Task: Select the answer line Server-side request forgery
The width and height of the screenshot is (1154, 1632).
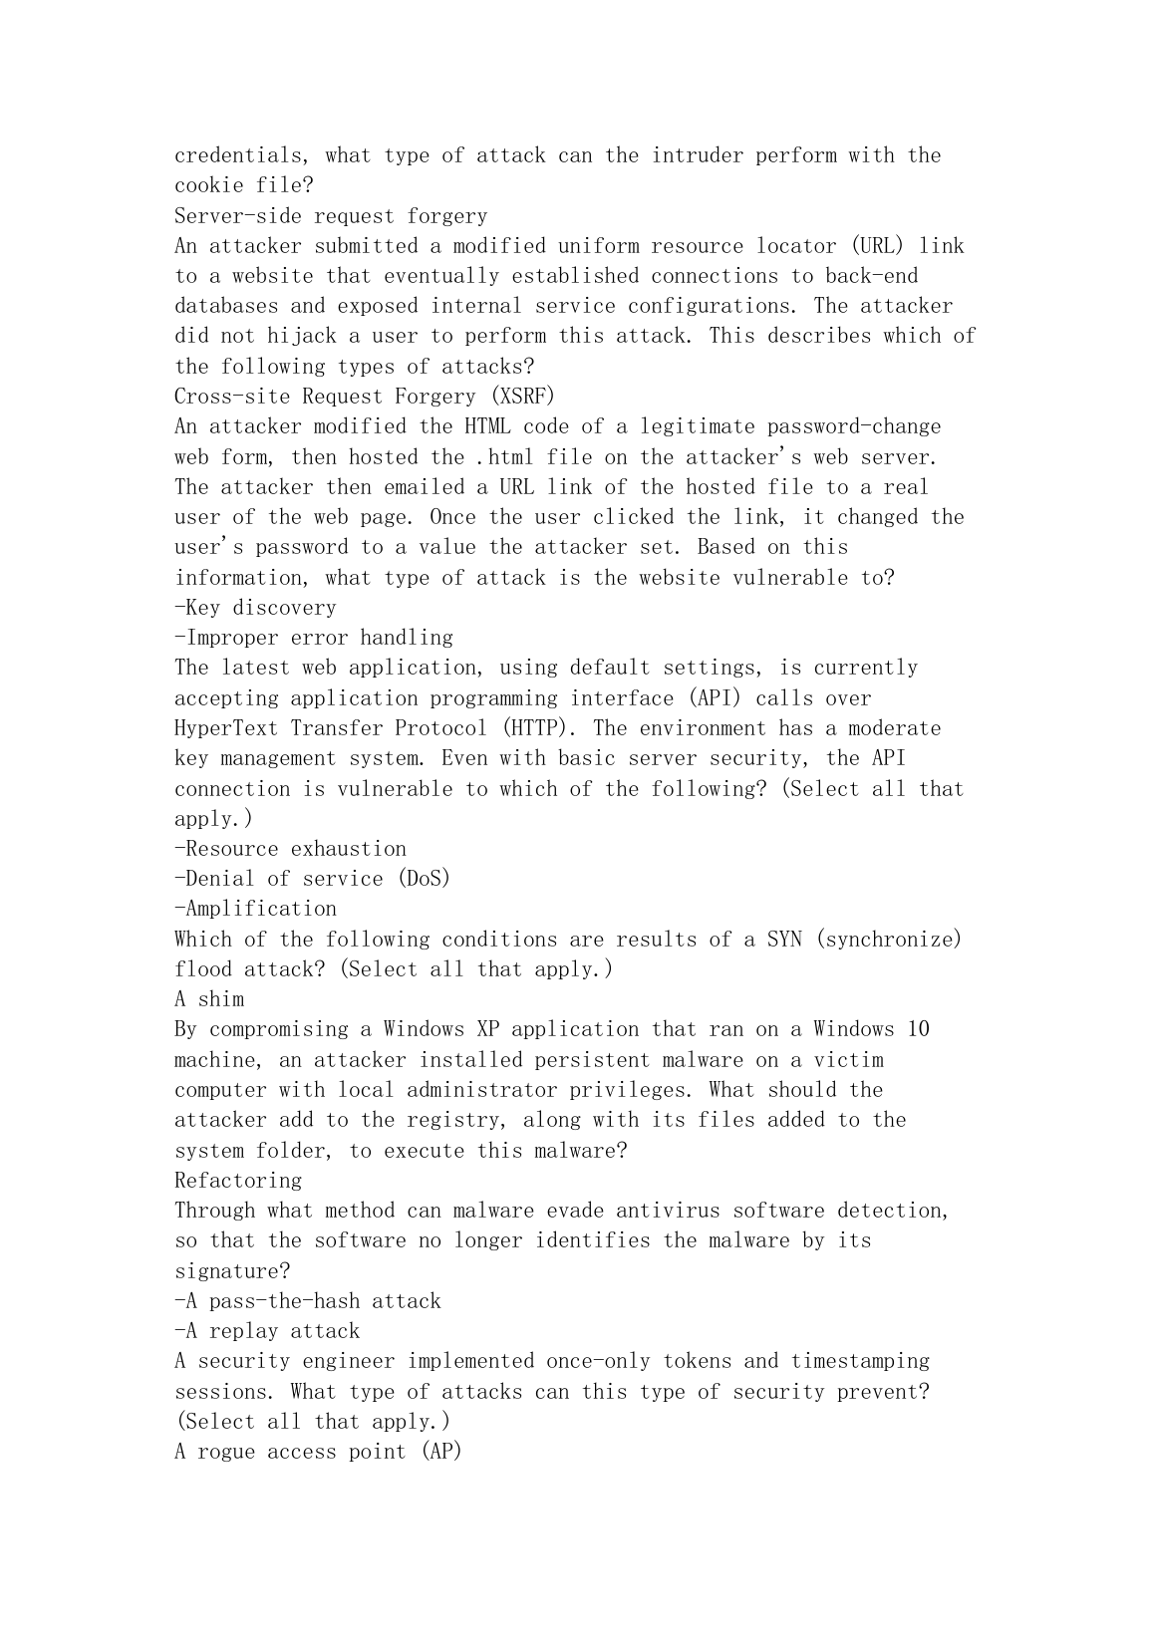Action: (x=331, y=216)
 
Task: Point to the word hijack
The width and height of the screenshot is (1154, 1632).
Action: (x=302, y=336)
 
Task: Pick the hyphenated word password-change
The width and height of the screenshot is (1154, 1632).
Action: (x=854, y=426)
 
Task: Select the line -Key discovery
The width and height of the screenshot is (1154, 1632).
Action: (x=255, y=608)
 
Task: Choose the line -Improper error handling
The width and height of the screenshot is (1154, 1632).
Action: (x=313, y=638)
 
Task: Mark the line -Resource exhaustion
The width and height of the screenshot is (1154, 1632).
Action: (x=290, y=849)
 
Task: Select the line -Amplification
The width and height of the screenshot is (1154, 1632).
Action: (x=255, y=909)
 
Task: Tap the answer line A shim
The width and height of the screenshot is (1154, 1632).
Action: (x=209, y=999)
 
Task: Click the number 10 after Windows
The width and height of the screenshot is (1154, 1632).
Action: (x=918, y=1029)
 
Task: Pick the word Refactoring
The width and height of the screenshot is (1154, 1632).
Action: (x=238, y=1181)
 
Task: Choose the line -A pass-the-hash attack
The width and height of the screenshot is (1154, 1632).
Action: (x=307, y=1301)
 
